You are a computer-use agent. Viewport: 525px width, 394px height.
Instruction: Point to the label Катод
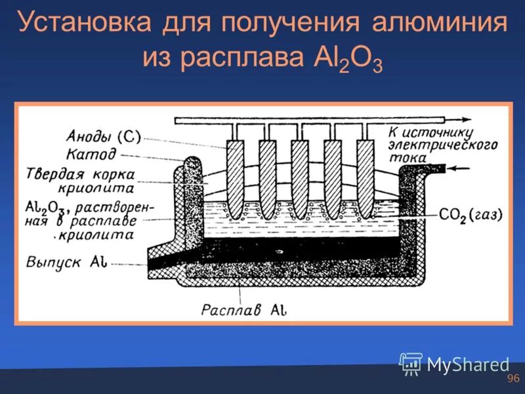91,155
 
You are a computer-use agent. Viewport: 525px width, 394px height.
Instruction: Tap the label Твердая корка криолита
80,181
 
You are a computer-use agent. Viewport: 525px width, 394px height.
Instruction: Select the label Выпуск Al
63,262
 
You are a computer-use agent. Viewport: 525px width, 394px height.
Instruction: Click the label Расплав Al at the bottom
244,309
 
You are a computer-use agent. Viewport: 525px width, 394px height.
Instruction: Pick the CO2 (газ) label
471,215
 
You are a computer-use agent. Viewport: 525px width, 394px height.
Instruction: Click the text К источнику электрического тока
442,144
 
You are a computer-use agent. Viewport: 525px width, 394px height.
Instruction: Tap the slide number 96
513,379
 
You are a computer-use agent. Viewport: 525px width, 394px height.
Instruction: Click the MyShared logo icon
411,364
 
